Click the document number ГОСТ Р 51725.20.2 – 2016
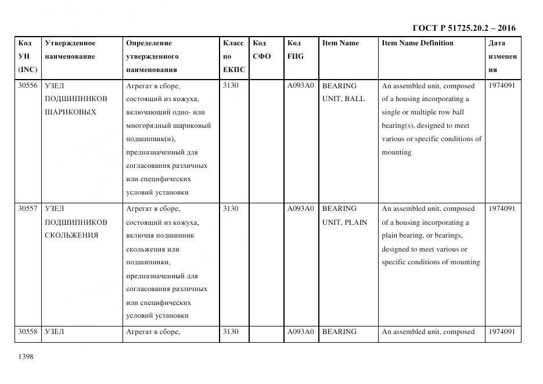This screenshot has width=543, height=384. (x=463, y=28)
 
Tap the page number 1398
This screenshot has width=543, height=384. (x=26, y=357)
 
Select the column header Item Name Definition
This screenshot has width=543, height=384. (x=417, y=43)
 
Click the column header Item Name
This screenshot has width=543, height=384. (x=340, y=43)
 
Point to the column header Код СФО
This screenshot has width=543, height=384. (x=262, y=50)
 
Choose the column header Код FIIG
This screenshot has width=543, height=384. (x=295, y=50)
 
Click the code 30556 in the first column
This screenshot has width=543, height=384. (x=28, y=86)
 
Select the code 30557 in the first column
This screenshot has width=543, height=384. (x=28, y=209)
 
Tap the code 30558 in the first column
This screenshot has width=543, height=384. (x=28, y=332)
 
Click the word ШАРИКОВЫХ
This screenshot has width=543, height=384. (x=70, y=112)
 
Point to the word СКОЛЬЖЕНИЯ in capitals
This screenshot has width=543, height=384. (x=71, y=235)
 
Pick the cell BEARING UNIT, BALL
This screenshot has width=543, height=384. (x=343, y=92)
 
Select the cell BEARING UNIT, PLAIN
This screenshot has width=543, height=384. (x=344, y=216)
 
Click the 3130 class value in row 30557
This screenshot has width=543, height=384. (x=231, y=209)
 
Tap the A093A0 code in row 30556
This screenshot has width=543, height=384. (x=300, y=86)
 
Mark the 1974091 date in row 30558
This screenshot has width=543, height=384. (x=502, y=332)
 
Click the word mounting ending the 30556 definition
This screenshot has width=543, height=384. (x=396, y=152)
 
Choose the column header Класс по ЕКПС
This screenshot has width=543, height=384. (x=234, y=56)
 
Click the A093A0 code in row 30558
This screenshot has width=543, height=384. (x=300, y=332)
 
